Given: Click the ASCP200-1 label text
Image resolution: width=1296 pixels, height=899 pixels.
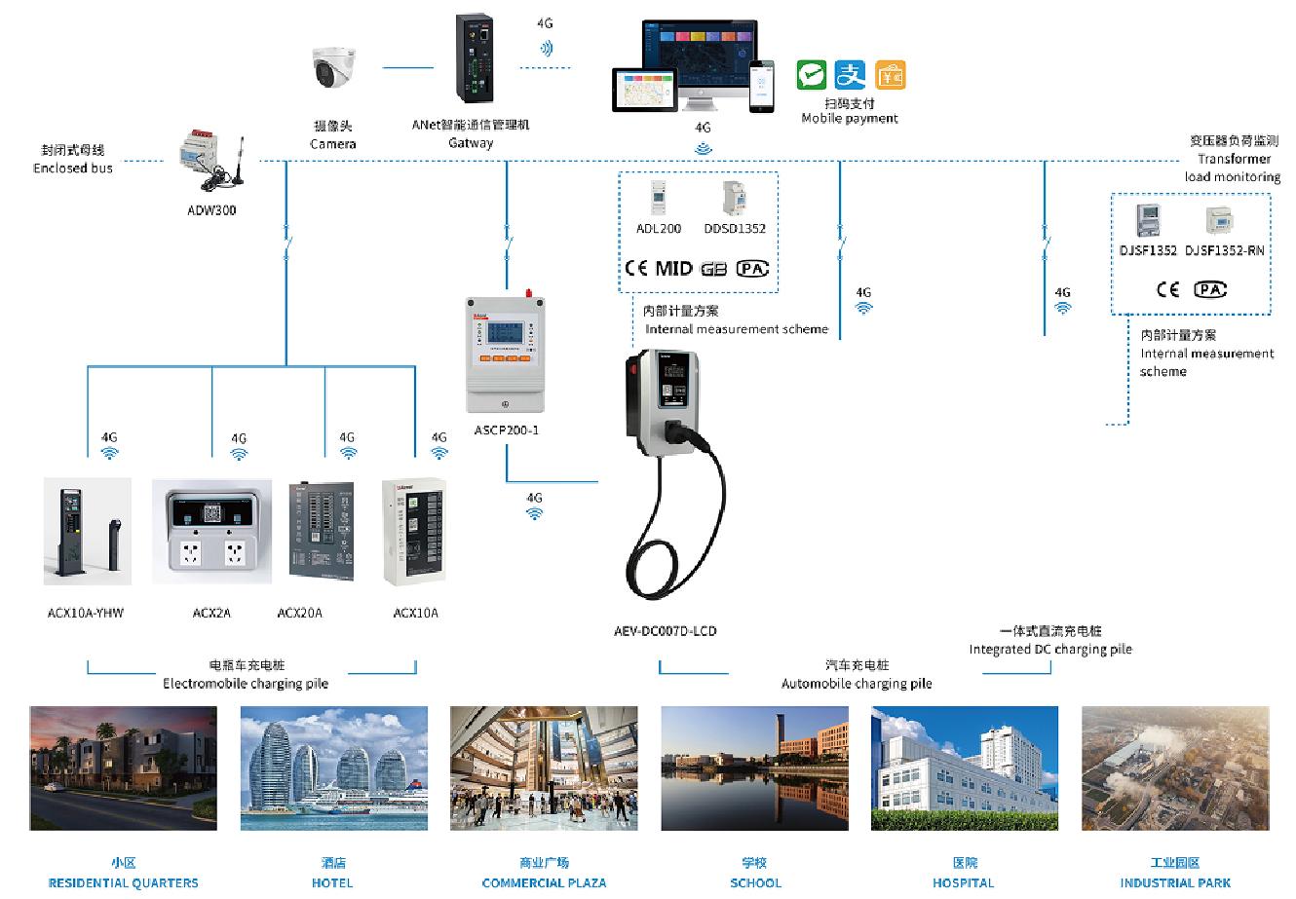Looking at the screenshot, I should (x=506, y=430).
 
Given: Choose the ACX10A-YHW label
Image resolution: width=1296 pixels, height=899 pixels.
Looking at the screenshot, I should (x=86, y=613).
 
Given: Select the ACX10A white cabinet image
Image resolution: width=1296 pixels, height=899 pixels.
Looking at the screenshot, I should (x=414, y=532).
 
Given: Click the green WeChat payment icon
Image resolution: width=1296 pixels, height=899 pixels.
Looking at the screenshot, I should (x=811, y=75).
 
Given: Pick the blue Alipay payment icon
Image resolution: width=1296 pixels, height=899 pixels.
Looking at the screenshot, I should (x=851, y=75).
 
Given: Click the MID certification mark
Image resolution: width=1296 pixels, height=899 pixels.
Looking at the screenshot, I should (x=673, y=268).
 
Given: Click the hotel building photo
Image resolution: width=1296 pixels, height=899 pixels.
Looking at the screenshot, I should (x=333, y=768).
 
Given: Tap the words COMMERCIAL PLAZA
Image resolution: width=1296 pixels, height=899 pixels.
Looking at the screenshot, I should (x=544, y=882).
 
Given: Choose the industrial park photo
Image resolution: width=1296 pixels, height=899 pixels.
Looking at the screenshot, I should (x=1175, y=768).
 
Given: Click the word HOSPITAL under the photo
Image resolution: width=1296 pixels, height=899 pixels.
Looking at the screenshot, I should (x=964, y=882).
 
